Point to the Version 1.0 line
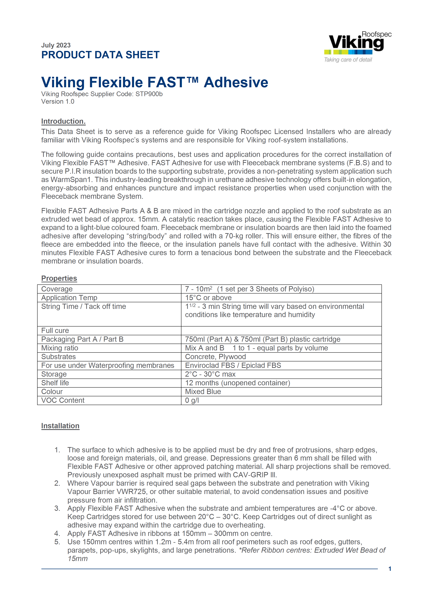(x=58, y=102)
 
